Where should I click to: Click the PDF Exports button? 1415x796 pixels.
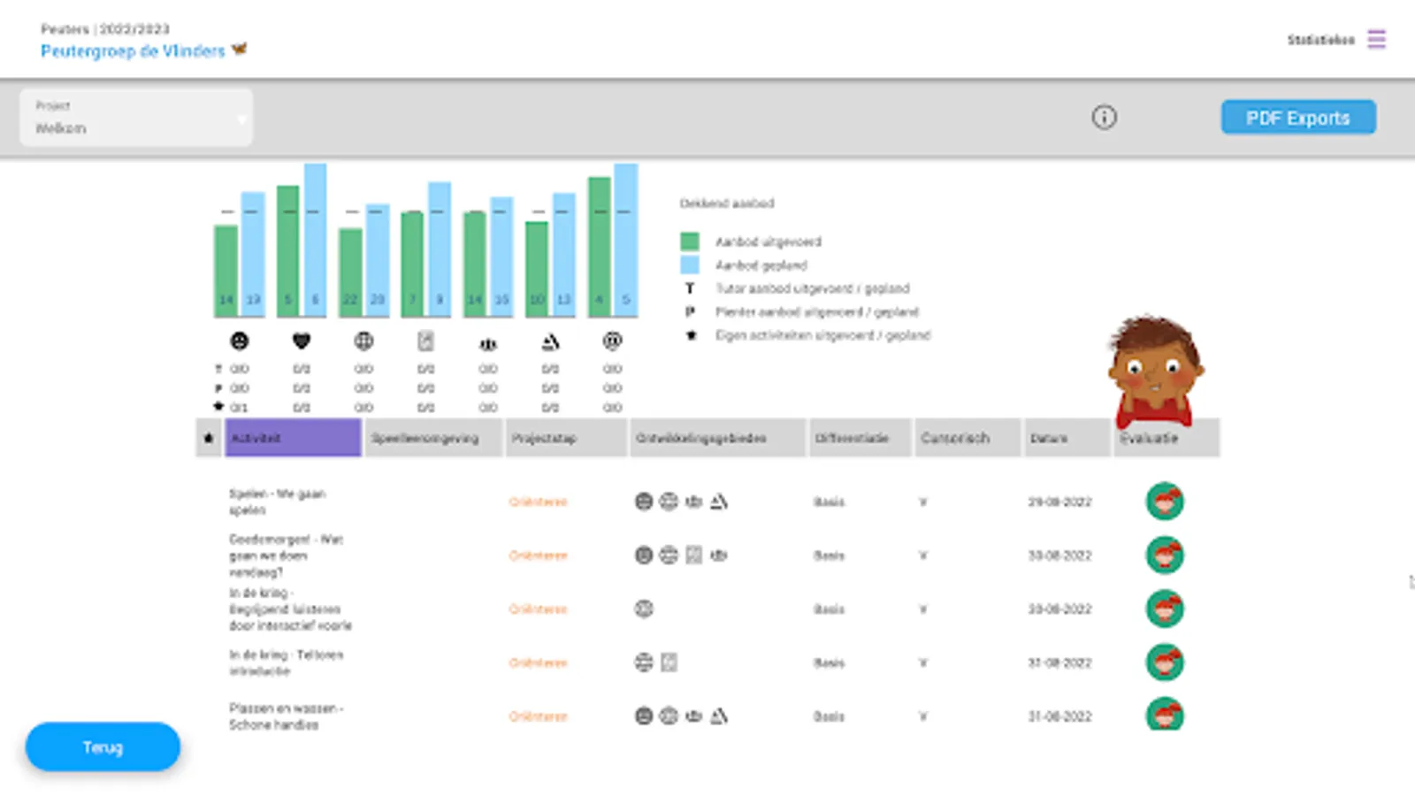[1297, 118]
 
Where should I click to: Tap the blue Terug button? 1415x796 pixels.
[103, 747]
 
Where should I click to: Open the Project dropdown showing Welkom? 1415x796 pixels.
[136, 118]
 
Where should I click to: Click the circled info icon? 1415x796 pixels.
[1104, 117]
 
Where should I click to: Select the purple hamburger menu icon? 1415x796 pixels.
[1376, 39]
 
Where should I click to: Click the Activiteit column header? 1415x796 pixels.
[293, 438]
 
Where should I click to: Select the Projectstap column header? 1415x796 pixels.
[566, 438]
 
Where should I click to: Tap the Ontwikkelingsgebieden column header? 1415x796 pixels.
[717, 438]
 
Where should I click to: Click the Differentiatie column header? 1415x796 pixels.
[859, 438]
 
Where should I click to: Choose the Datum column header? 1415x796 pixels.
[1066, 438]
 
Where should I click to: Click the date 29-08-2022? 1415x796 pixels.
[1059, 501]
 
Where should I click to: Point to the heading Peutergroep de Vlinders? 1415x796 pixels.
[133, 51]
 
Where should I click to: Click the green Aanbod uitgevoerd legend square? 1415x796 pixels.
[690, 241]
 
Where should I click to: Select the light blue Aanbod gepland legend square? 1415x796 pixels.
[690, 264]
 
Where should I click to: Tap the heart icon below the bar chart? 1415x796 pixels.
[302, 341]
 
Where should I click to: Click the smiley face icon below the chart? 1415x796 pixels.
[240, 341]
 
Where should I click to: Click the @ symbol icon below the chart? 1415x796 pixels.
[612, 341]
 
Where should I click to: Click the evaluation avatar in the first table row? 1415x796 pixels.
[1164, 501]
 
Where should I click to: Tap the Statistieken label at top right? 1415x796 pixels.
[1320, 40]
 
